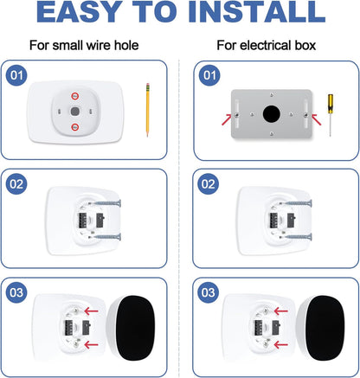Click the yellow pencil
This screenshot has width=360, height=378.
coord(148,110)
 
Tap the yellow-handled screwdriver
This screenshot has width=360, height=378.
coord(331,115)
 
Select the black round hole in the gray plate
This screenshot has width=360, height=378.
coord(271,114)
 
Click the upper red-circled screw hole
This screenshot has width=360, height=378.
coord(75,96)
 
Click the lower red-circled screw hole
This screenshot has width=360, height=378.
coord(75,127)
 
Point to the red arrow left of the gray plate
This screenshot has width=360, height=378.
coord(227,119)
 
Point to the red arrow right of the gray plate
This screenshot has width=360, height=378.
coord(316,119)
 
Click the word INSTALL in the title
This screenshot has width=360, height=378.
coord(257,12)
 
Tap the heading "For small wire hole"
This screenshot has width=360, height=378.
coord(84,45)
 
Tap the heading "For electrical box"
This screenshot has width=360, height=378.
coord(267,45)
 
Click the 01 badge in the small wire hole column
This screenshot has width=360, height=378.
coord(16,75)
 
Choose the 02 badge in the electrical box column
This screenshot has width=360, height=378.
coord(209,184)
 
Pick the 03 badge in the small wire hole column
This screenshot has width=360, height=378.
coord(16,292)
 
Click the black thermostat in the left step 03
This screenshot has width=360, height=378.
coord(135,328)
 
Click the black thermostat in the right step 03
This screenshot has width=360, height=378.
coord(325,328)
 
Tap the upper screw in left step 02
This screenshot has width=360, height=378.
coord(105,203)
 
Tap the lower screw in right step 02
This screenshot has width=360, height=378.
coord(296,237)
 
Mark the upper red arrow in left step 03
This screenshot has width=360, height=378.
coord(92,311)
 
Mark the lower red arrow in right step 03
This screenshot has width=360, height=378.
coord(281,344)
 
